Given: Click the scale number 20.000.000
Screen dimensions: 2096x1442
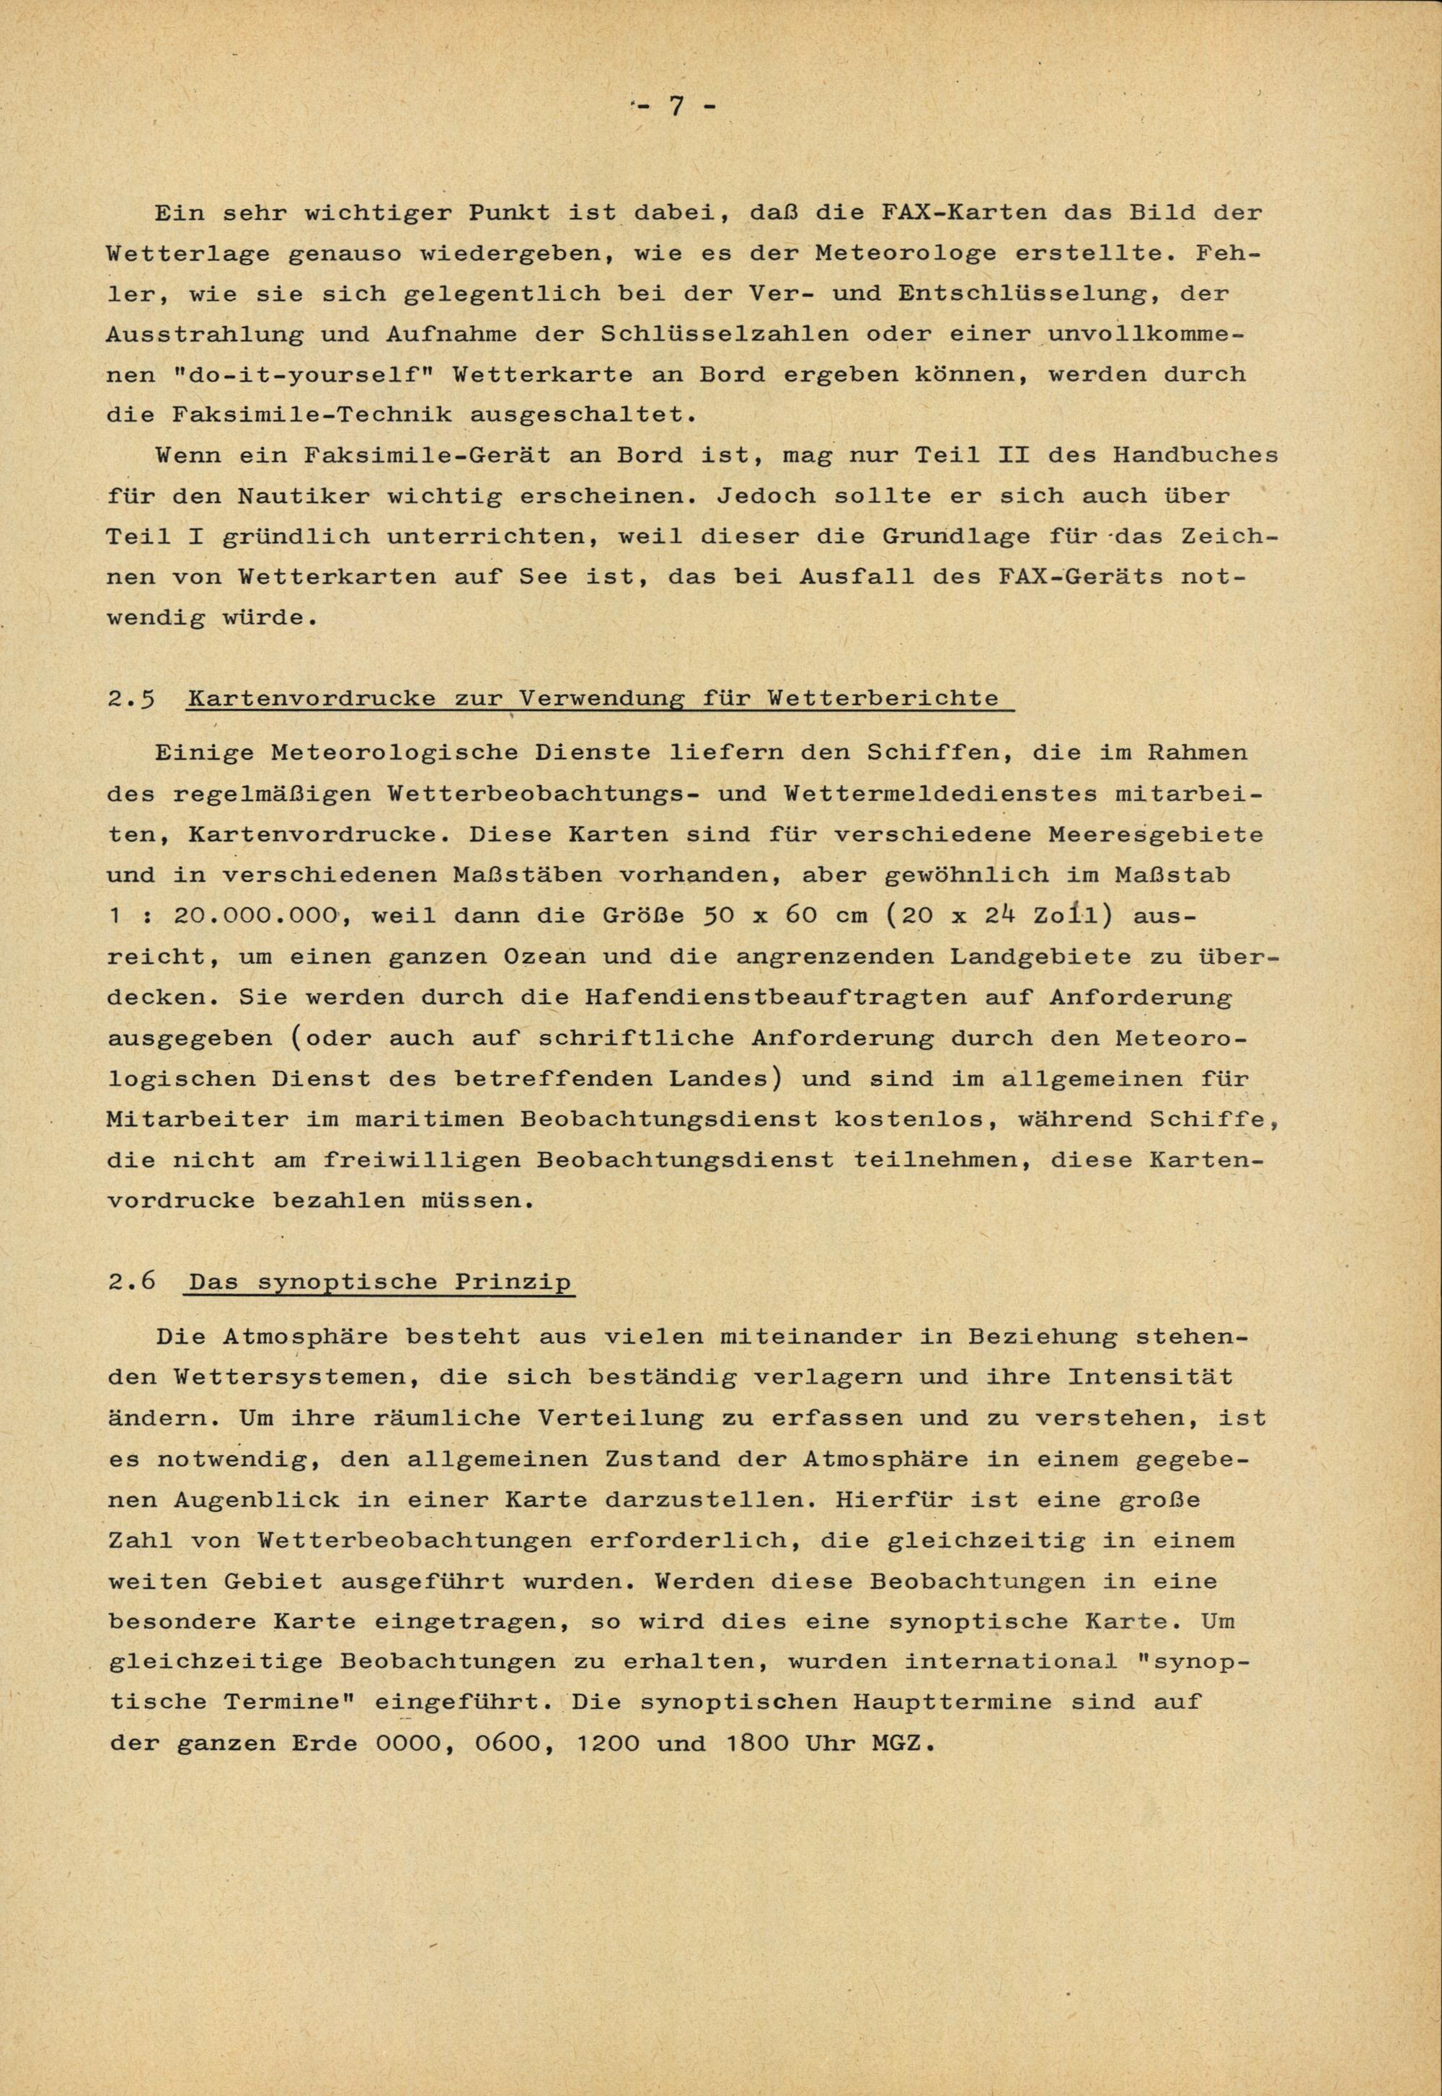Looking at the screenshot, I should click(254, 915).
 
